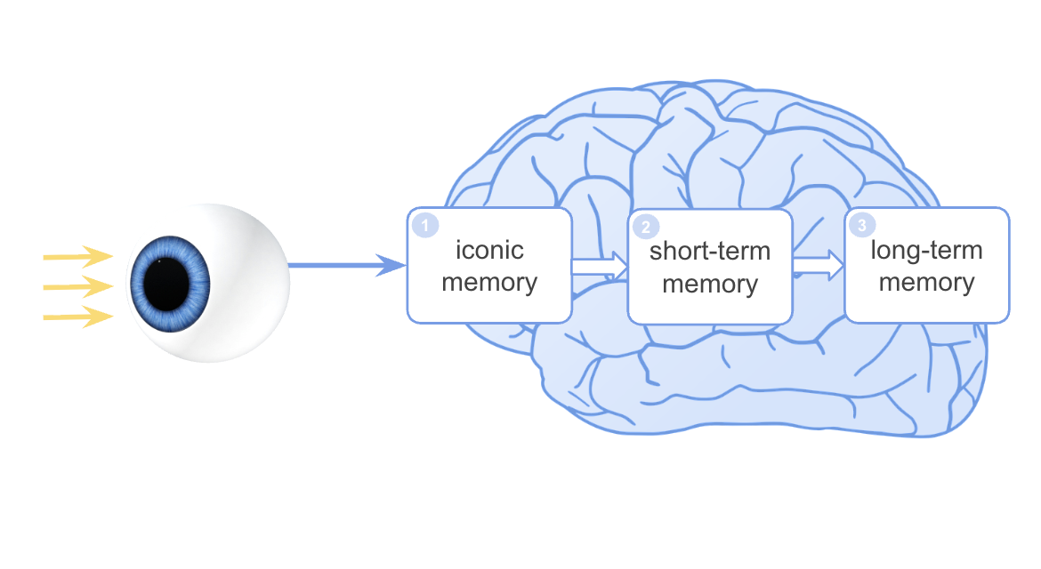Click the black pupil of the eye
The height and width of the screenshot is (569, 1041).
[x=169, y=283]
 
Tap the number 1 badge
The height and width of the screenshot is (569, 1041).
[x=425, y=226]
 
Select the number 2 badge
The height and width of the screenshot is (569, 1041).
[x=646, y=226]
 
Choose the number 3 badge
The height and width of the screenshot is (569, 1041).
[x=861, y=224]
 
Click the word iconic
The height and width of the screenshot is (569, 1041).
[x=489, y=251]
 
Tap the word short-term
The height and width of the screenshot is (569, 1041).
[x=710, y=252]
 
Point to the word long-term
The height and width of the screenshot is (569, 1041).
[x=926, y=251]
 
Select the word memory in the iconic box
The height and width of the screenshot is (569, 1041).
[x=489, y=283]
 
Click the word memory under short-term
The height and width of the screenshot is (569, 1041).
[x=710, y=284]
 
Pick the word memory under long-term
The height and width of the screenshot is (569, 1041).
[x=926, y=283]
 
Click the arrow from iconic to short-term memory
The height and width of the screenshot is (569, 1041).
[x=600, y=264]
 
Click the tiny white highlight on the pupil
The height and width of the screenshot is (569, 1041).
[x=159, y=262]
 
